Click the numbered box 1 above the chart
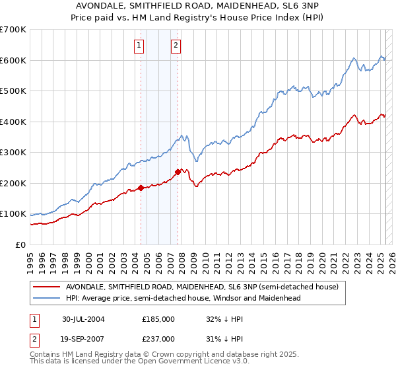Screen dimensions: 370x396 [140, 46]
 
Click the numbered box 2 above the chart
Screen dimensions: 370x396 [176, 46]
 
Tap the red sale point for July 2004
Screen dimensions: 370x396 [141, 188]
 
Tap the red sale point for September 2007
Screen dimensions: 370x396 [178, 172]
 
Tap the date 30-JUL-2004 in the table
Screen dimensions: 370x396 [84, 318]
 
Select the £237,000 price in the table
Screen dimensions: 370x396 [158, 338]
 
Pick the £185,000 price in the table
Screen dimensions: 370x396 [158, 318]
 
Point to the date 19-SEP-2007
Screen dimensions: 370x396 [84, 338]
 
